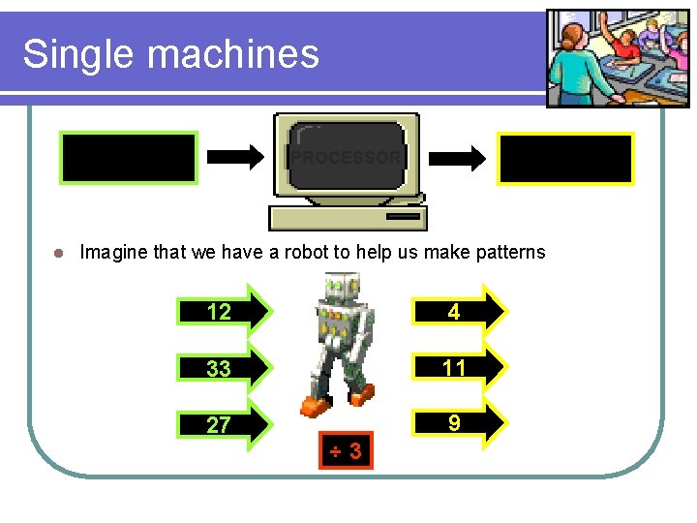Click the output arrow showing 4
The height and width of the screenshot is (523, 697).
(461, 311)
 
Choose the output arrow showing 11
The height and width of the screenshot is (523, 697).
(461, 367)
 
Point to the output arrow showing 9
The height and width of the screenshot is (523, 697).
(461, 422)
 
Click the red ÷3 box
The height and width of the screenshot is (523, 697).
(346, 450)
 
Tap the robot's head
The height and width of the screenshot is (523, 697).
(342, 288)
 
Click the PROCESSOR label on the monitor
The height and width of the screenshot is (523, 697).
(347, 157)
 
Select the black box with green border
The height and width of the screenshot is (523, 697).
(129, 158)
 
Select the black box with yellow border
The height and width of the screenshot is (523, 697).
(565, 159)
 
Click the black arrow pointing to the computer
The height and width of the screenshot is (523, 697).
(235, 157)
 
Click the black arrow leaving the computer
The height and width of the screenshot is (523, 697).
(457, 157)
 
